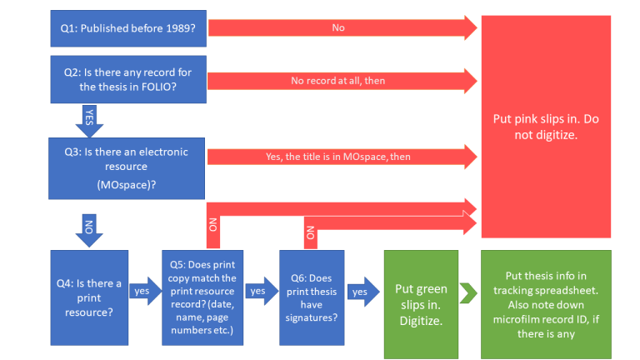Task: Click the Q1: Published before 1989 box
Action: click(x=128, y=27)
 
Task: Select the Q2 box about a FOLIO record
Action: click(x=128, y=79)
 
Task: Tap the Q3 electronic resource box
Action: click(x=128, y=166)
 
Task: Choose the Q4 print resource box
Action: click(x=88, y=297)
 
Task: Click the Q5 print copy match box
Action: click(x=202, y=297)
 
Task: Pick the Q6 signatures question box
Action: click(x=312, y=297)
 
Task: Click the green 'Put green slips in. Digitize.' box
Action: click(x=421, y=297)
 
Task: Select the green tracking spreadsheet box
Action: click(x=547, y=297)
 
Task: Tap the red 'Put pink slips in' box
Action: click(x=547, y=125)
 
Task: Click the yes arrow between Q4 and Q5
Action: click(x=143, y=292)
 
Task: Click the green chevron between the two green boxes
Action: click(x=468, y=294)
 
